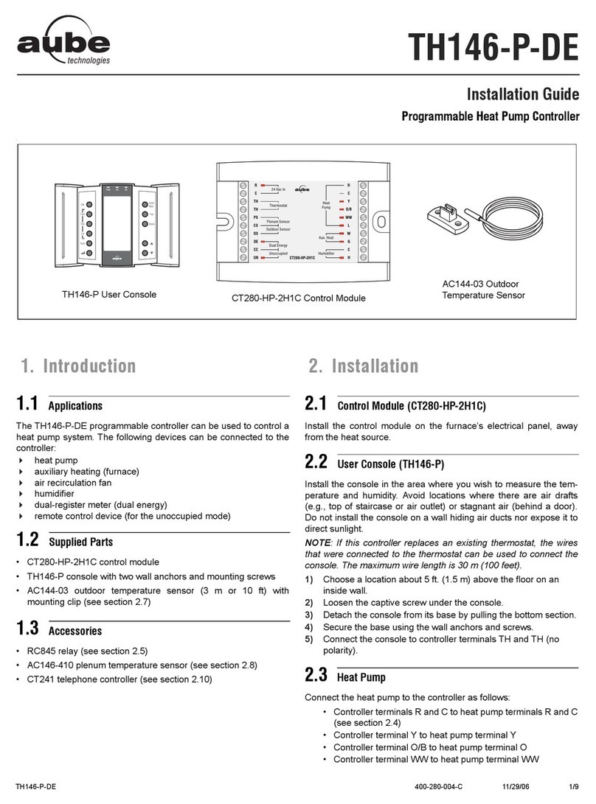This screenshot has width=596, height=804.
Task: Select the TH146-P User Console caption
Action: [x=108, y=295]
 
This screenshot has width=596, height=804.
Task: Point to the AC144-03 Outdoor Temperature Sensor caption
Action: [x=483, y=290]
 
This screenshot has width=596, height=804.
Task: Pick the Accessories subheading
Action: [x=75, y=632]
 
